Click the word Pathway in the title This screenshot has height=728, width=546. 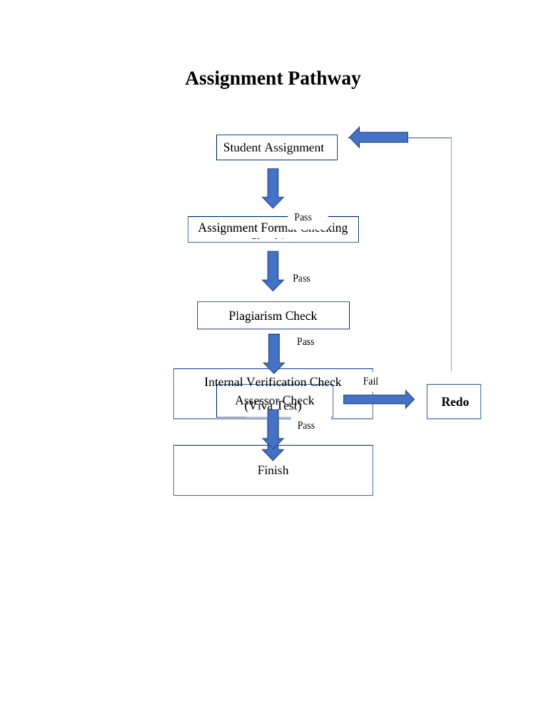[324, 78]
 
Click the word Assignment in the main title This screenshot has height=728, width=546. [233, 78]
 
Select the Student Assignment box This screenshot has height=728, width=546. [276, 147]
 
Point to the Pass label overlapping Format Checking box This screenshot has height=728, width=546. [303, 218]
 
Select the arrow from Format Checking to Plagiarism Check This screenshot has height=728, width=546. [272, 270]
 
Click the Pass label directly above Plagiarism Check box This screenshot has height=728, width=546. [301, 279]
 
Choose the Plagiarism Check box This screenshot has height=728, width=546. [273, 316]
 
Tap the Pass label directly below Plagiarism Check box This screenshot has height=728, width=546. [306, 342]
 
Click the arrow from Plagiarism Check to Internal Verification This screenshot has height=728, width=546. [274, 353]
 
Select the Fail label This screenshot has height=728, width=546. [370, 382]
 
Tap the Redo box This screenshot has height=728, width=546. [454, 402]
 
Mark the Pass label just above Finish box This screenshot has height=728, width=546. [306, 426]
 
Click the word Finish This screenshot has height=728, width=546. [273, 471]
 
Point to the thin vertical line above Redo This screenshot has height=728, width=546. [451, 256]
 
